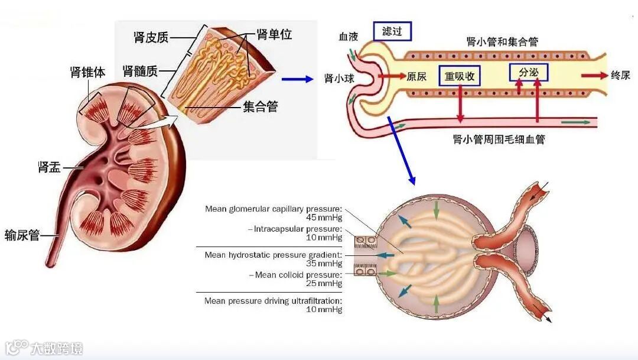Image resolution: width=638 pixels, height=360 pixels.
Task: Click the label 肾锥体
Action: pos(88,73)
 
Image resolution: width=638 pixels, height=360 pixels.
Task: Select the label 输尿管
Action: pos(22,235)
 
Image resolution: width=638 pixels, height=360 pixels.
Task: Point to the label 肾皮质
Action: pos(151,37)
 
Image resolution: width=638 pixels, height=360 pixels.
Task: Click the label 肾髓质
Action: pos(140,72)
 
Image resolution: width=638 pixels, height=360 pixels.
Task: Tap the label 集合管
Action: pos(260,107)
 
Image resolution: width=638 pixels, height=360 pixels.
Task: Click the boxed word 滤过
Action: pos(392,31)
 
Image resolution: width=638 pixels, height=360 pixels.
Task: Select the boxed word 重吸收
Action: pos(459,76)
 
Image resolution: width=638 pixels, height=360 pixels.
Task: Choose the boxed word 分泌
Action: pos(528,72)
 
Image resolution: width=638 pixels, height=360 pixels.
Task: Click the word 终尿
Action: pos(620,76)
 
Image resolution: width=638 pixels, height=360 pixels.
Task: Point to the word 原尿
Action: pos(416,76)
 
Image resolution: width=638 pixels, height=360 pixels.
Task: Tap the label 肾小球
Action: pos(339,78)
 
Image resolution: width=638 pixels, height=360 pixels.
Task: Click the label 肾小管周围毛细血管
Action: pos(499,140)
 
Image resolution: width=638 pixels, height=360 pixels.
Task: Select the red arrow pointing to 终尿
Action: pos(594,76)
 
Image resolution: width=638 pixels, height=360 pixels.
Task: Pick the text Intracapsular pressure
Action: pos(298,229)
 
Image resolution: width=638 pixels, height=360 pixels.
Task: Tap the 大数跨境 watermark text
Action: pos(57,348)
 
